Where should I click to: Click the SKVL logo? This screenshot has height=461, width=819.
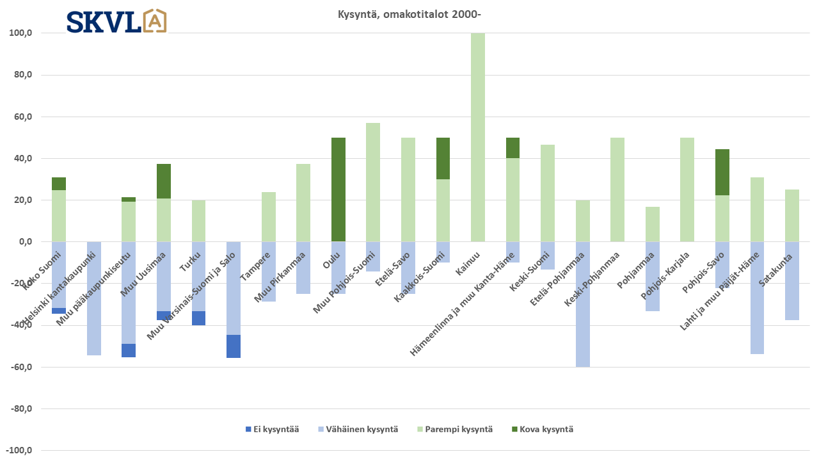pyautogui.click(x=116, y=21)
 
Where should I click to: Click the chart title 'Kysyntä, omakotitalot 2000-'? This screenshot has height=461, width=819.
pyautogui.click(x=409, y=14)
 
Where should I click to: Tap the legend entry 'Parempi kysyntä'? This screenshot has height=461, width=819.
pyautogui.click(x=454, y=429)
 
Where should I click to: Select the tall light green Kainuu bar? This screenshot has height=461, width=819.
pyautogui.click(x=477, y=137)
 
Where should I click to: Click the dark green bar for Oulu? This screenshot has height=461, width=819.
pyautogui.click(x=338, y=190)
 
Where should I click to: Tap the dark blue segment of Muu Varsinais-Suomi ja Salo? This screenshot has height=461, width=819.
pyautogui.click(x=234, y=346)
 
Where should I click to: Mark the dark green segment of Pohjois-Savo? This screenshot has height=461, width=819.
pyautogui.click(x=722, y=172)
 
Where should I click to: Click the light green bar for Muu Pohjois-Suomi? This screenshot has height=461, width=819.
pyautogui.click(x=373, y=182)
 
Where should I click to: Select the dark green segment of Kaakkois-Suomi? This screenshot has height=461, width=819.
pyautogui.click(x=443, y=158)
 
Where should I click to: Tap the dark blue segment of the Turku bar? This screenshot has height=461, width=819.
pyautogui.click(x=198, y=318)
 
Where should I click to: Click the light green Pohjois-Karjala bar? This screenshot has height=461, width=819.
pyautogui.click(x=687, y=190)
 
